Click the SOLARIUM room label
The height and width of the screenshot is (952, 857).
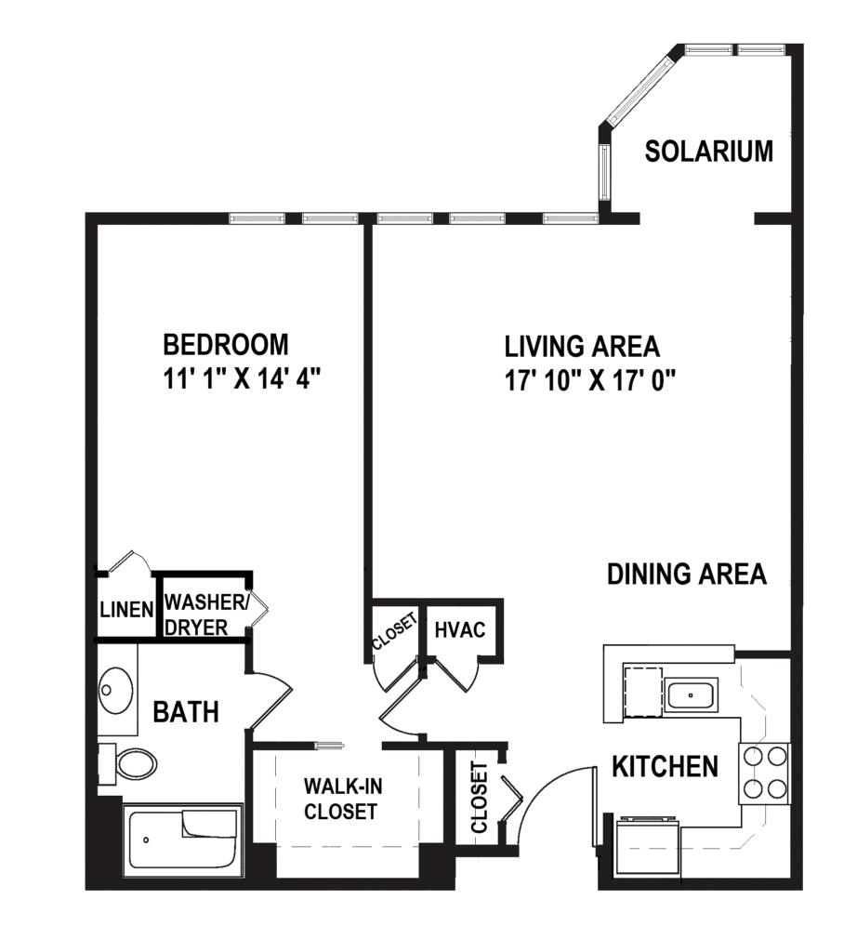[x=708, y=152]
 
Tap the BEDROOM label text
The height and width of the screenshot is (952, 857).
[x=226, y=345]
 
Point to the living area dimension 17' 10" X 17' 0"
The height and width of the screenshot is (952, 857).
[x=589, y=379]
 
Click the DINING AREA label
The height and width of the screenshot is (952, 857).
[x=687, y=574]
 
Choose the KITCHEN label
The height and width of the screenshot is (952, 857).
[x=665, y=767]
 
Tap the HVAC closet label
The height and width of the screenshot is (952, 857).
[x=460, y=630]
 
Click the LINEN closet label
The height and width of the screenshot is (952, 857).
[x=125, y=610]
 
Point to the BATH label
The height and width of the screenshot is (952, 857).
[x=186, y=713]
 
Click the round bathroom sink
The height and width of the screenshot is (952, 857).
[x=117, y=691]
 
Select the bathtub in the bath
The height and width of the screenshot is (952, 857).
[x=183, y=840]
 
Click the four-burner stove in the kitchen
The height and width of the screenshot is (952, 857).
[x=764, y=773]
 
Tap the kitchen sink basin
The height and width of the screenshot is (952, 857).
[x=691, y=694]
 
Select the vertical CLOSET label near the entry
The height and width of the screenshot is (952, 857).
[x=480, y=798]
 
